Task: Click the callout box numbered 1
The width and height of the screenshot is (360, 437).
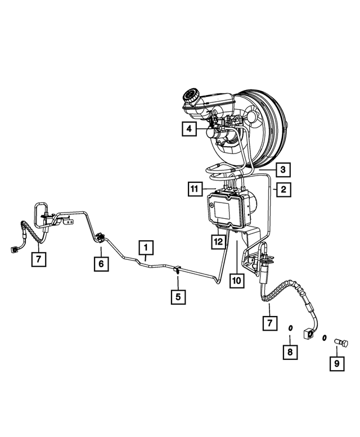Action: [x=146, y=247]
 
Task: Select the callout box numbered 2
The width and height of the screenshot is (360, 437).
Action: [x=283, y=190]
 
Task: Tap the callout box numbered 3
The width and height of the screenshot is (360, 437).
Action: [x=283, y=170]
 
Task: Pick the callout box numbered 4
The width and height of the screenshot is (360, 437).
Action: [x=189, y=129]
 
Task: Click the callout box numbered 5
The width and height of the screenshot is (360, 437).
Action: [x=178, y=297]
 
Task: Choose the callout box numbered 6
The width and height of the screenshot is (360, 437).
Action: [x=101, y=264]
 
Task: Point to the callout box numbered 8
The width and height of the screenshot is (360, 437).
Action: [x=290, y=352]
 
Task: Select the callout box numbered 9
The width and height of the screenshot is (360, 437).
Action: [x=337, y=363]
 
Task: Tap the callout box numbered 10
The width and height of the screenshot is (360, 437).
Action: [x=237, y=281]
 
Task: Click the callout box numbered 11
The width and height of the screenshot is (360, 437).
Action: [x=195, y=189]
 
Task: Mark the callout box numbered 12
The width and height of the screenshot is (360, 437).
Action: [x=218, y=241]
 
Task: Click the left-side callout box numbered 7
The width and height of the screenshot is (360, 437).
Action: [x=38, y=259]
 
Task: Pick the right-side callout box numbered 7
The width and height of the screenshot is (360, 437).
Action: [x=270, y=323]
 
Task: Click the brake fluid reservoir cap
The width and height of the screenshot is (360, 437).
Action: [x=191, y=96]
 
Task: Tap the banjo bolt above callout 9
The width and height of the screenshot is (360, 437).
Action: [x=341, y=343]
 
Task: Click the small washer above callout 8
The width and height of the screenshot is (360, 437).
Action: [x=290, y=328]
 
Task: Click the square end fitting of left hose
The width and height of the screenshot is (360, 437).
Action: [x=13, y=250]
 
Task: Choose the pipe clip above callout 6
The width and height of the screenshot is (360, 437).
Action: [x=100, y=238]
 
